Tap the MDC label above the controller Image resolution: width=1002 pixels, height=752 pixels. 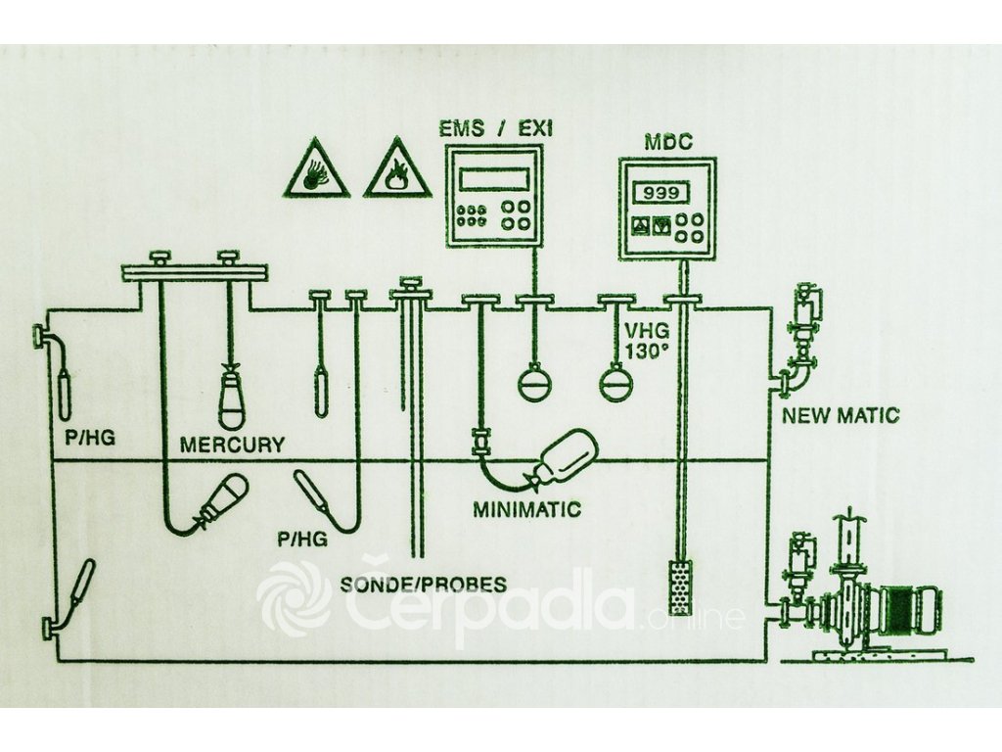[x=667, y=142]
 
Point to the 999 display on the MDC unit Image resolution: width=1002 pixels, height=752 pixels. [x=655, y=193]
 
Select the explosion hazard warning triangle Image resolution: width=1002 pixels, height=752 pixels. [x=316, y=170]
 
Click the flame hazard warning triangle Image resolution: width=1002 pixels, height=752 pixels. [x=396, y=170]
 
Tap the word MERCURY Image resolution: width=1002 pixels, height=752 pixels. [x=232, y=445]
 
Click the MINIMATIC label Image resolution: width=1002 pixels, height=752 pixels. [x=526, y=509]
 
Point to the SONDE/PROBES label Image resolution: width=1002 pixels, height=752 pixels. [x=424, y=585]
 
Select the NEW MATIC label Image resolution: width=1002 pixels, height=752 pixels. [x=841, y=415]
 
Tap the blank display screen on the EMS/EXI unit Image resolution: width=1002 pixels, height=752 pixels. [x=494, y=178]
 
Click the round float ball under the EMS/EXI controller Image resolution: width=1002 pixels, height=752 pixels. [x=535, y=381]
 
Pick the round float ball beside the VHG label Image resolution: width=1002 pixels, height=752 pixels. [x=616, y=381]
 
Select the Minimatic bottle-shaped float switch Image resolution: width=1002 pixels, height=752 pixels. [x=562, y=458]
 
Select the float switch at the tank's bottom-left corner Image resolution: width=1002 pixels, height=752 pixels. [x=77, y=587]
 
